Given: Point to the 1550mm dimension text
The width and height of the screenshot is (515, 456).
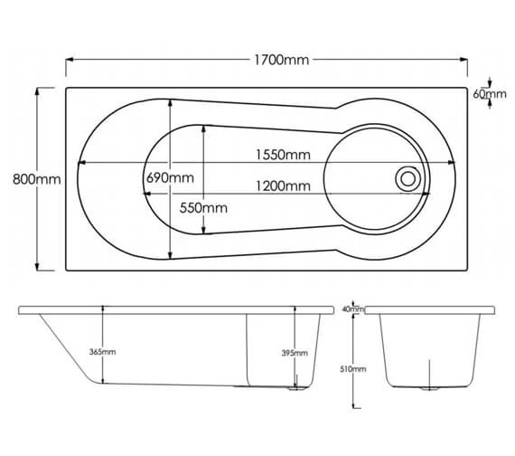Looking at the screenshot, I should point(283,155).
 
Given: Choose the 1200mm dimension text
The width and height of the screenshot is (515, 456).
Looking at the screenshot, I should point(283,186).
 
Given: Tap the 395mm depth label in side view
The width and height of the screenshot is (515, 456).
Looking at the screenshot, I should point(295,353).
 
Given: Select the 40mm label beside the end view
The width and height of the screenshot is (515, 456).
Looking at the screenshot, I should point(352,309).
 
